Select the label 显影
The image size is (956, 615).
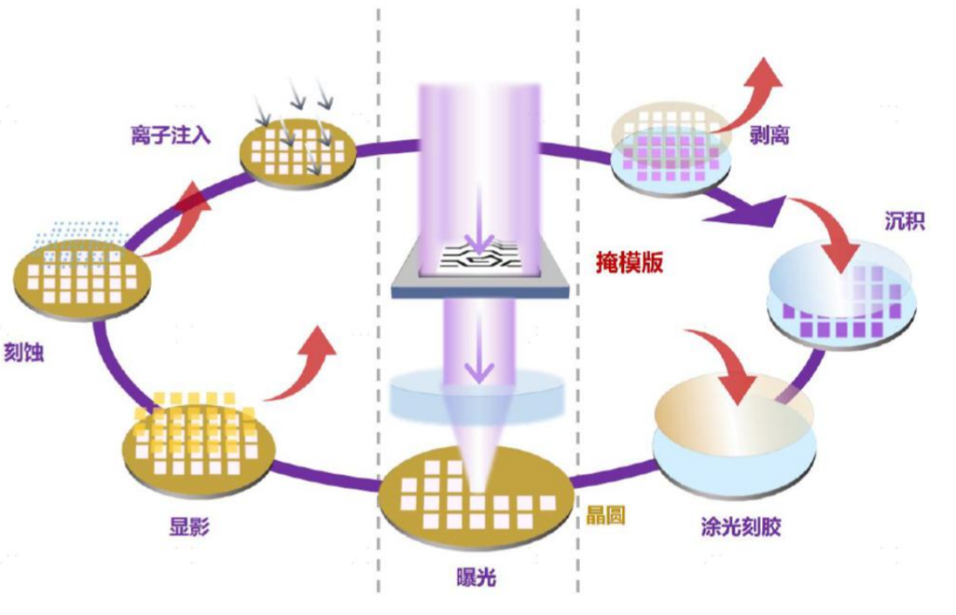(x=189, y=527)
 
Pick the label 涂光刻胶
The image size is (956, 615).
(x=739, y=528)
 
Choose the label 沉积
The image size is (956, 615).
(x=904, y=220)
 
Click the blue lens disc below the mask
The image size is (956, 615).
(x=477, y=393)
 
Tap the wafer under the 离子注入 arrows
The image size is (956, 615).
(x=298, y=150)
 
